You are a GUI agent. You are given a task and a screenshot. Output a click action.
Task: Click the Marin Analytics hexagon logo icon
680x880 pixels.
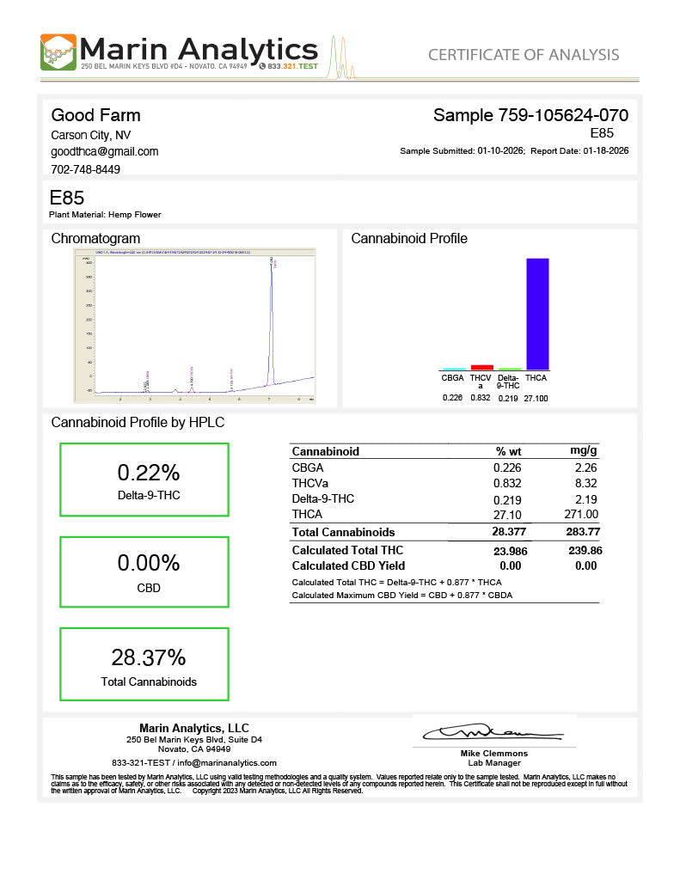(x=58, y=52)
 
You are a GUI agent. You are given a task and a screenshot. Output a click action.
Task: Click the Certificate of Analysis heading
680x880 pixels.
(x=523, y=55)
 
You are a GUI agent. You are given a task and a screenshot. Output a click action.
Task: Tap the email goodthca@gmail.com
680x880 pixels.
(x=104, y=151)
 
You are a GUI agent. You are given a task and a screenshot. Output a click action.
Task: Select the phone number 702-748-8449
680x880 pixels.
(x=86, y=169)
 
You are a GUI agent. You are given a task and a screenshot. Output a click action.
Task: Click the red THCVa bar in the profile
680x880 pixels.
(x=482, y=367)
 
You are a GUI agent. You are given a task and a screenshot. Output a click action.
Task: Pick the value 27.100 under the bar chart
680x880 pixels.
(x=536, y=398)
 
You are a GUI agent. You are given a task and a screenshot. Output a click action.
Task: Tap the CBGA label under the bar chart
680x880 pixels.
(x=452, y=378)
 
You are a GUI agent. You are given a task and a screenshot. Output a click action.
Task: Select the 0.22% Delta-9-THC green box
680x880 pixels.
(x=144, y=480)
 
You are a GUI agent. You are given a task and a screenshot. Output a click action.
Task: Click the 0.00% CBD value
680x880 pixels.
(x=148, y=564)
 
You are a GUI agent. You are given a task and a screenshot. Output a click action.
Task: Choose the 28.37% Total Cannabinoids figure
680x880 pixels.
(x=148, y=657)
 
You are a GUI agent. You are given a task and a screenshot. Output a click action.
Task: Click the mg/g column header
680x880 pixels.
(x=584, y=451)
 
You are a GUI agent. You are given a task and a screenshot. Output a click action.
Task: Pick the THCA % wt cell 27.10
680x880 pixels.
(x=507, y=514)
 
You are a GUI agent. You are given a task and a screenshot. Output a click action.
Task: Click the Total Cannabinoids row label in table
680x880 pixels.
(x=343, y=532)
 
